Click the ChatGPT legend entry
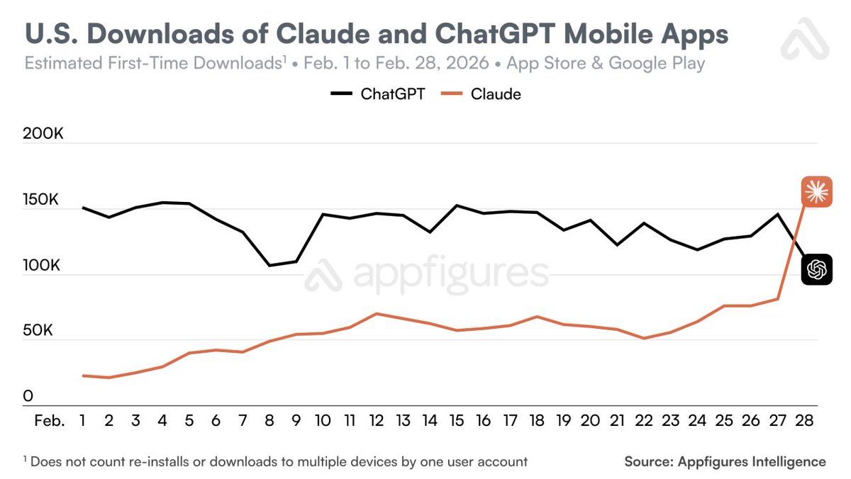tap(377, 94)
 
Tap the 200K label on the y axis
tap(43, 133)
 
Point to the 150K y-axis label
tap(42, 200)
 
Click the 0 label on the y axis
tap(28, 396)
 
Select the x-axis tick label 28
tap(805, 421)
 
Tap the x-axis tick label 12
tap(377, 421)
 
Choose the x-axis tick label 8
tap(269, 421)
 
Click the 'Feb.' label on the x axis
tap(50, 421)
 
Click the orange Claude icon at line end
tap(816, 191)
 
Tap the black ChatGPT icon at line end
tap(816, 269)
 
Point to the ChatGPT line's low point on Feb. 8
tap(269, 266)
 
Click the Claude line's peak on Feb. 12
tap(377, 313)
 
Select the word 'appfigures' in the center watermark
tap(450, 274)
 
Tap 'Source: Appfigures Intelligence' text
tap(725, 462)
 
